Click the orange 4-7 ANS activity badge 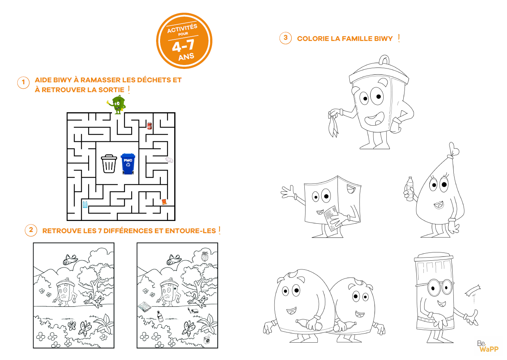[184, 41]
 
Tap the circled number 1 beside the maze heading [23, 83]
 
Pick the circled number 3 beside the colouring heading [285, 38]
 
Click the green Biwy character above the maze [117, 104]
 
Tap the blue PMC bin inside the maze [128, 163]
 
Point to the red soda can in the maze [149, 126]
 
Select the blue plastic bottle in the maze [85, 204]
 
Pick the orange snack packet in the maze [164, 202]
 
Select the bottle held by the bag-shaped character [410, 188]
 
